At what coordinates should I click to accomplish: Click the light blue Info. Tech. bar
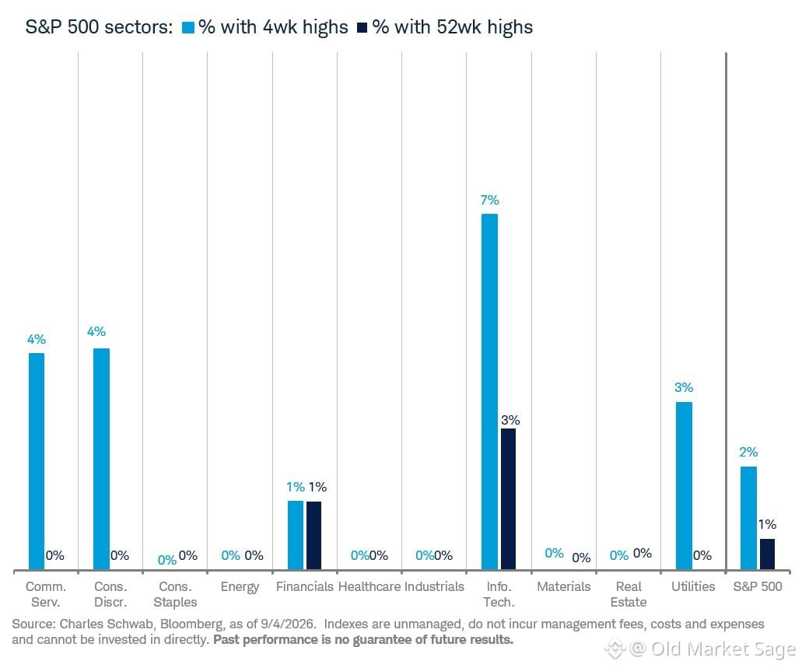[x=489, y=392]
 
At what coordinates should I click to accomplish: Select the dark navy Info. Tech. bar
[x=509, y=499]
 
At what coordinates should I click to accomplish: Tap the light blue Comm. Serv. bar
[x=37, y=461]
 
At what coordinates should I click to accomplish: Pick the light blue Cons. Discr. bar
[x=101, y=460]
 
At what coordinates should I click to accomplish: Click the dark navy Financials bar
[x=313, y=536]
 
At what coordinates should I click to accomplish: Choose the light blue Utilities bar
[x=684, y=486]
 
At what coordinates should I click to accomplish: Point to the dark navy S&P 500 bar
[x=767, y=554]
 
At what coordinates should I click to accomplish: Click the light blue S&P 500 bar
[x=749, y=518]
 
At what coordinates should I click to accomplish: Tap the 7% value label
[x=489, y=200]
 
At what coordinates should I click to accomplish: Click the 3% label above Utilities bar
[x=684, y=387]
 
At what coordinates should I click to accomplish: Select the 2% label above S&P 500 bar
[x=748, y=452]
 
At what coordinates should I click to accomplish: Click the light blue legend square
[x=189, y=28]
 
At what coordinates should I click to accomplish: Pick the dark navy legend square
[x=362, y=28]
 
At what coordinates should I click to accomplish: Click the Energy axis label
[x=240, y=587]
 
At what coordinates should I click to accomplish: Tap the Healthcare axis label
[x=369, y=586]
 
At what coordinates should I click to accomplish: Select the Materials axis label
[x=564, y=586]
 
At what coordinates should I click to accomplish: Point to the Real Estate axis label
[x=629, y=594]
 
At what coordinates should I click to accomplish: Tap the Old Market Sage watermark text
[x=723, y=649]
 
